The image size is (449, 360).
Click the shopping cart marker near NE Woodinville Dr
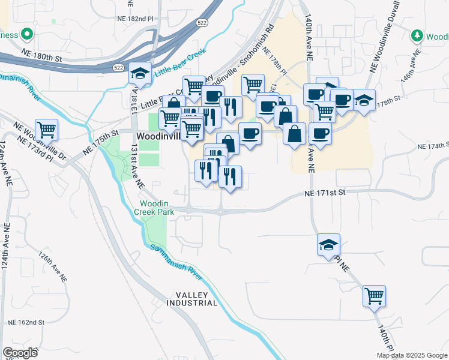point(46,130)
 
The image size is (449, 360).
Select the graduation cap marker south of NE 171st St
point(328,245)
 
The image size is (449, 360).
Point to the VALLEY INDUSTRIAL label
point(196,299)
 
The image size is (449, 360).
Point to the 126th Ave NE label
point(53,266)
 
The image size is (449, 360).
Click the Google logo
point(20,352)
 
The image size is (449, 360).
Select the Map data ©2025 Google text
point(411,355)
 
